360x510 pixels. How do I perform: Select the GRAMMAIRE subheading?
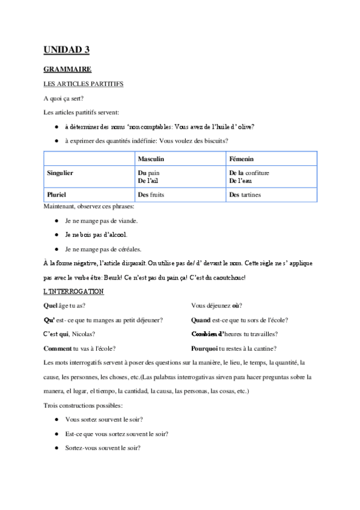(x=67, y=70)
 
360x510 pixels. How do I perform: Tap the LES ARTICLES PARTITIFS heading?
(x=84, y=84)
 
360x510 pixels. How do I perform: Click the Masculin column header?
(x=151, y=159)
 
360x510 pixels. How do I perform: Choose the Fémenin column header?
(x=242, y=159)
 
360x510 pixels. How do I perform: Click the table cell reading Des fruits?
(x=151, y=195)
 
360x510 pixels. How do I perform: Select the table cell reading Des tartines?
(x=245, y=195)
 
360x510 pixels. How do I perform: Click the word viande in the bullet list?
(x=126, y=221)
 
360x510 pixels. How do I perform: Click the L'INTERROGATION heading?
(x=74, y=292)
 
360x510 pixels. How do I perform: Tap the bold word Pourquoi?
(x=204, y=349)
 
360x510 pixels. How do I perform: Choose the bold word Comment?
(x=57, y=349)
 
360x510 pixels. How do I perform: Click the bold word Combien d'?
(x=207, y=334)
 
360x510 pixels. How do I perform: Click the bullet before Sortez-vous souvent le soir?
(x=56, y=448)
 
